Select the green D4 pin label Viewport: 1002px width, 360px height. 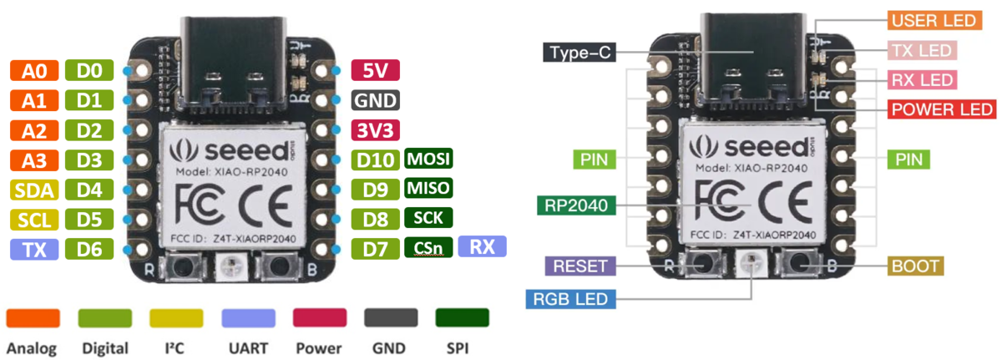coord(89,190)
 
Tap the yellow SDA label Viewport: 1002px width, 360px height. coord(33,190)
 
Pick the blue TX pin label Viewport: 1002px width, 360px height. coord(33,248)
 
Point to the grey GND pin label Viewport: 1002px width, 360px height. coord(376,100)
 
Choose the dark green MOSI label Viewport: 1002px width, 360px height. coord(428,159)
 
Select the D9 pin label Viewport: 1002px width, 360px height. coord(374,189)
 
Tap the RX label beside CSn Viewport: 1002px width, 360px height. coord(482,246)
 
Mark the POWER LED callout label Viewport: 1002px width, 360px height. coord(942,109)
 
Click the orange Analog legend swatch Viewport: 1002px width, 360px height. coord(33,317)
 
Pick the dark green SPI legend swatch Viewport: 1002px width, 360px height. coord(462,317)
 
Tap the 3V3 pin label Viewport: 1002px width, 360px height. coord(376,130)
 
